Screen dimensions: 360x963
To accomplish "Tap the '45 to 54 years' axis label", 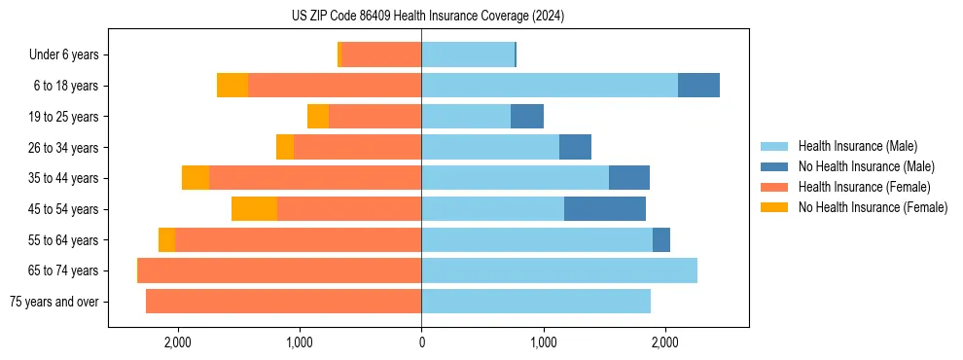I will click(x=61, y=209).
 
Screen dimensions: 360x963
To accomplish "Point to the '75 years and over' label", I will click(x=53, y=302).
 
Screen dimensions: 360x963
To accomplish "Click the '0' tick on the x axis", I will click(x=421, y=342).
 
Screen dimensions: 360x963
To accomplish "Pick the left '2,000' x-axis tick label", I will click(x=177, y=342).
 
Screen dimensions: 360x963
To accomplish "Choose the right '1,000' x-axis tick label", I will click(x=543, y=342).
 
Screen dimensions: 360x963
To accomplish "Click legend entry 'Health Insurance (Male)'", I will click(x=857, y=146).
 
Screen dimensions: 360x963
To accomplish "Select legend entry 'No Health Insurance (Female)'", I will click(x=873, y=207).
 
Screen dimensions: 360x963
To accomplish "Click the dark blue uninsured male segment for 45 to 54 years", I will click(x=604, y=209).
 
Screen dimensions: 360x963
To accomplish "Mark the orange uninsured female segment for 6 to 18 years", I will click(x=232, y=86).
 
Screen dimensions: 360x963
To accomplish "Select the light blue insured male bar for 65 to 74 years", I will click(x=559, y=270).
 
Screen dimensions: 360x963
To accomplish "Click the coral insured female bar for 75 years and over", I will click(x=283, y=302).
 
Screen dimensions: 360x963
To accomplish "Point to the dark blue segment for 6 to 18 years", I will click(x=698, y=86).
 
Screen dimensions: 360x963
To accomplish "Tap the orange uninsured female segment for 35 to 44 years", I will click(x=196, y=178).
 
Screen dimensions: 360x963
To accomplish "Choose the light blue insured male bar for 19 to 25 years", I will click(x=466, y=117).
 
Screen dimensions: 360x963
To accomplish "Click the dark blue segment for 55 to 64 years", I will click(x=661, y=240).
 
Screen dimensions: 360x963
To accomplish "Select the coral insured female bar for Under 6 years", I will click(x=381, y=55).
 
